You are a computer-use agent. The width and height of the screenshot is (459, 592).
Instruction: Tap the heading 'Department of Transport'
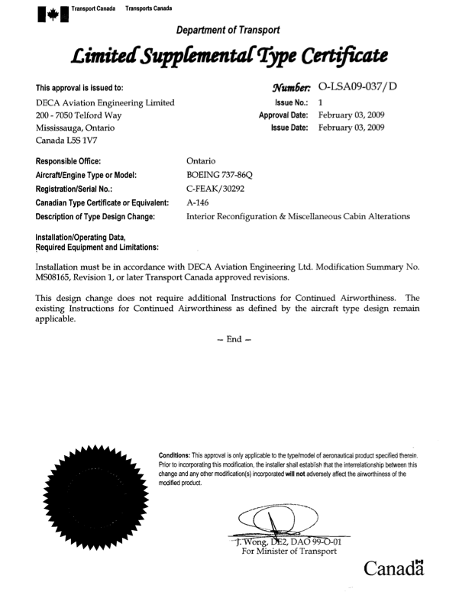228,30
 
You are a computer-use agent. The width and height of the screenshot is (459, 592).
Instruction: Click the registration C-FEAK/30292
220,189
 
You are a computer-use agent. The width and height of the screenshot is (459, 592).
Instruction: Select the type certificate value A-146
199,202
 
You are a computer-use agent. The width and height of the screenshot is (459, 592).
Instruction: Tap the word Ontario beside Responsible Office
202,161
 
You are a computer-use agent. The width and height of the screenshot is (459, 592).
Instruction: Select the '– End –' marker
229,360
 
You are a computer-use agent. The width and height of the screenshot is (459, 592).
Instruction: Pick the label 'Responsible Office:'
68,161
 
